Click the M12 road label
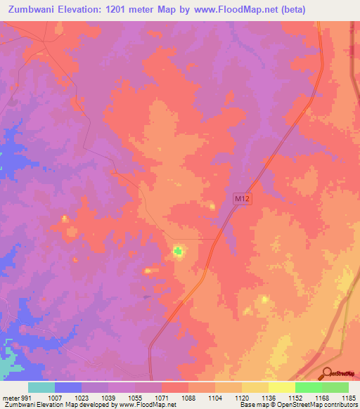[x=242, y=200]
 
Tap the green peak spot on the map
[x=178, y=249]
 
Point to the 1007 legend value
[x=56, y=397]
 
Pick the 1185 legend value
[x=348, y=397]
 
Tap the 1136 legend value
[x=269, y=397]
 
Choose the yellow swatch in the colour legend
[x=281, y=387]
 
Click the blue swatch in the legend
[x=68, y=387]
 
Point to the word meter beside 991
[x=11, y=397]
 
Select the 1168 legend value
[x=321, y=397]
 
